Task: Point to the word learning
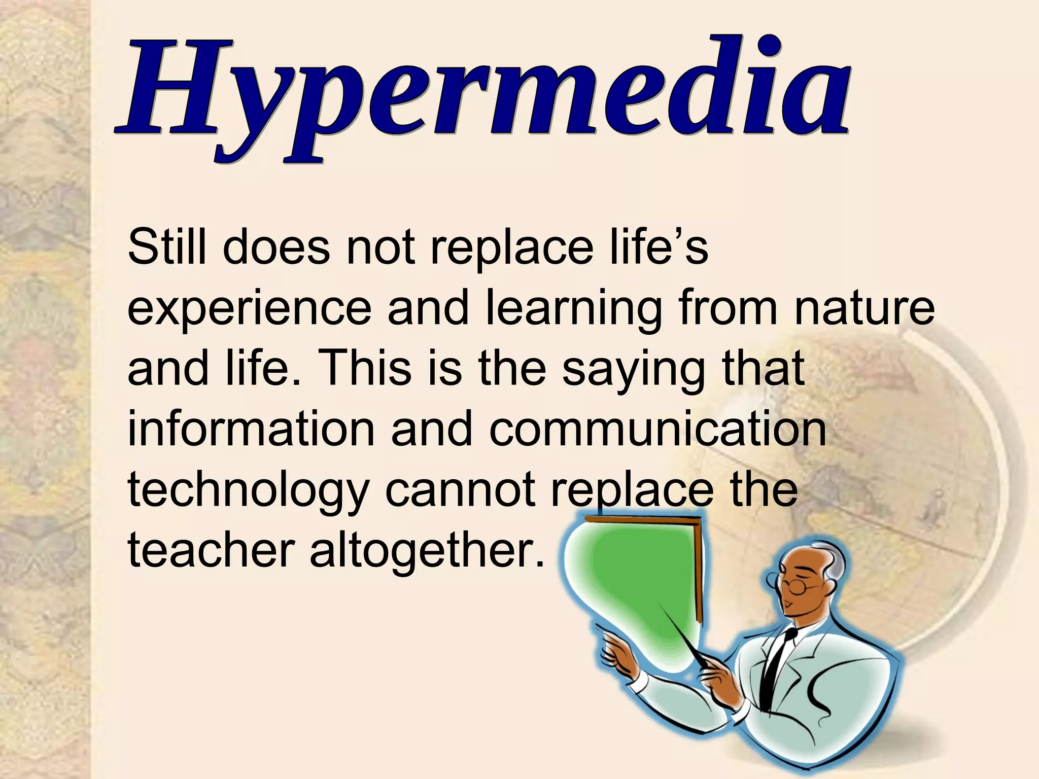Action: pos(574,309)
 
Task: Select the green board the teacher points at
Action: pos(634,583)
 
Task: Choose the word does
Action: pos(276,247)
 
